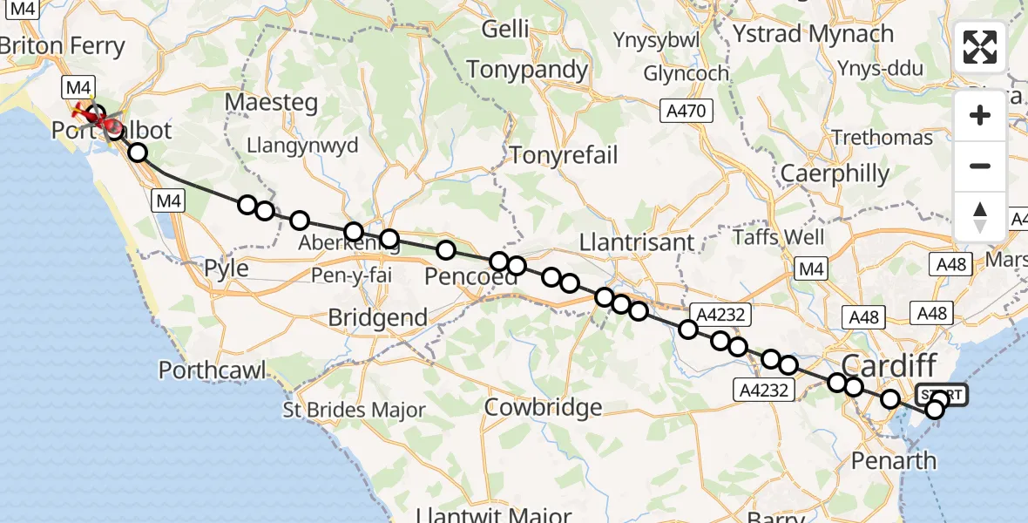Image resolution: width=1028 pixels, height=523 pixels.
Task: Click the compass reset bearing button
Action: click(x=980, y=217)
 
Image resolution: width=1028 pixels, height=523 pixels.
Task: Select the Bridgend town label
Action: click(x=377, y=317)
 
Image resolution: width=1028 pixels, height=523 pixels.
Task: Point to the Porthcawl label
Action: click(x=212, y=370)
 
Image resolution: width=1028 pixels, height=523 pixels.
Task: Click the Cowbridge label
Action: click(x=543, y=406)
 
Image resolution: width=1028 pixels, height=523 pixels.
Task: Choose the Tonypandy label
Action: click(x=527, y=70)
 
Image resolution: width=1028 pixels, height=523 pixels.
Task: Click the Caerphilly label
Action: click(x=834, y=173)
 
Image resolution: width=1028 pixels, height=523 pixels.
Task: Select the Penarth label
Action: click(x=893, y=460)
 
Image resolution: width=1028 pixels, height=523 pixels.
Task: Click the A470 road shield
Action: click(x=686, y=111)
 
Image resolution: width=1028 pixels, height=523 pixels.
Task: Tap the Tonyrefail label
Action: click(x=564, y=156)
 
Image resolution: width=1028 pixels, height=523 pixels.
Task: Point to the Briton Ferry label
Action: click(x=67, y=45)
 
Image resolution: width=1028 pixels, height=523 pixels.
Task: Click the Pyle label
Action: click(x=226, y=268)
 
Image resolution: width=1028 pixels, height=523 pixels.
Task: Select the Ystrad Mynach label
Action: click(x=813, y=34)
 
